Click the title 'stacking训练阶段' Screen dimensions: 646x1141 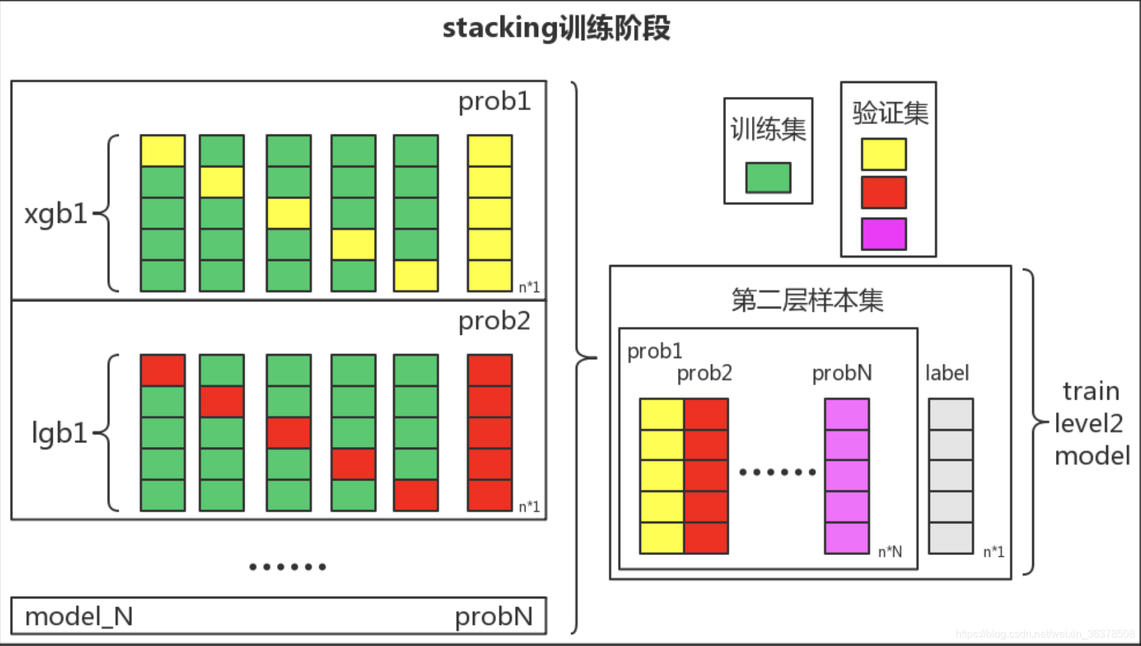click(x=556, y=28)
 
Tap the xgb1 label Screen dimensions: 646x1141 click(x=55, y=214)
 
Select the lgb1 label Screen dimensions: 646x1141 click(x=59, y=433)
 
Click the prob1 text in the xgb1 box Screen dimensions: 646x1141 click(x=494, y=102)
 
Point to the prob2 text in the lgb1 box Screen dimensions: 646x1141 click(x=494, y=321)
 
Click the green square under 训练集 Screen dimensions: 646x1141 click(x=768, y=177)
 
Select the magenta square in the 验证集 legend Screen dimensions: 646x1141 click(x=883, y=234)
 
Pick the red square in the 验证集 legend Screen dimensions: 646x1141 click(x=883, y=192)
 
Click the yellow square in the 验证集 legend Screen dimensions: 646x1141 click(x=883, y=154)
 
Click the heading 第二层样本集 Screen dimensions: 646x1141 click(x=807, y=300)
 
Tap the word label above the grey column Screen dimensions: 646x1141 click(x=947, y=373)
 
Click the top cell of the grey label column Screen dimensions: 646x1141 click(x=950, y=414)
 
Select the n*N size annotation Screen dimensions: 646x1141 click(x=890, y=552)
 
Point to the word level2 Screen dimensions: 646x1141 click(x=1088, y=423)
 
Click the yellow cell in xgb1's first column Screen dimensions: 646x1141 click(x=162, y=151)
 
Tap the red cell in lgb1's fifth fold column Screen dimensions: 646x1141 click(x=416, y=495)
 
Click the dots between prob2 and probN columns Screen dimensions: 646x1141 click(x=777, y=472)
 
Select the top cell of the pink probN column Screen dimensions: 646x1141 click(x=846, y=414)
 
